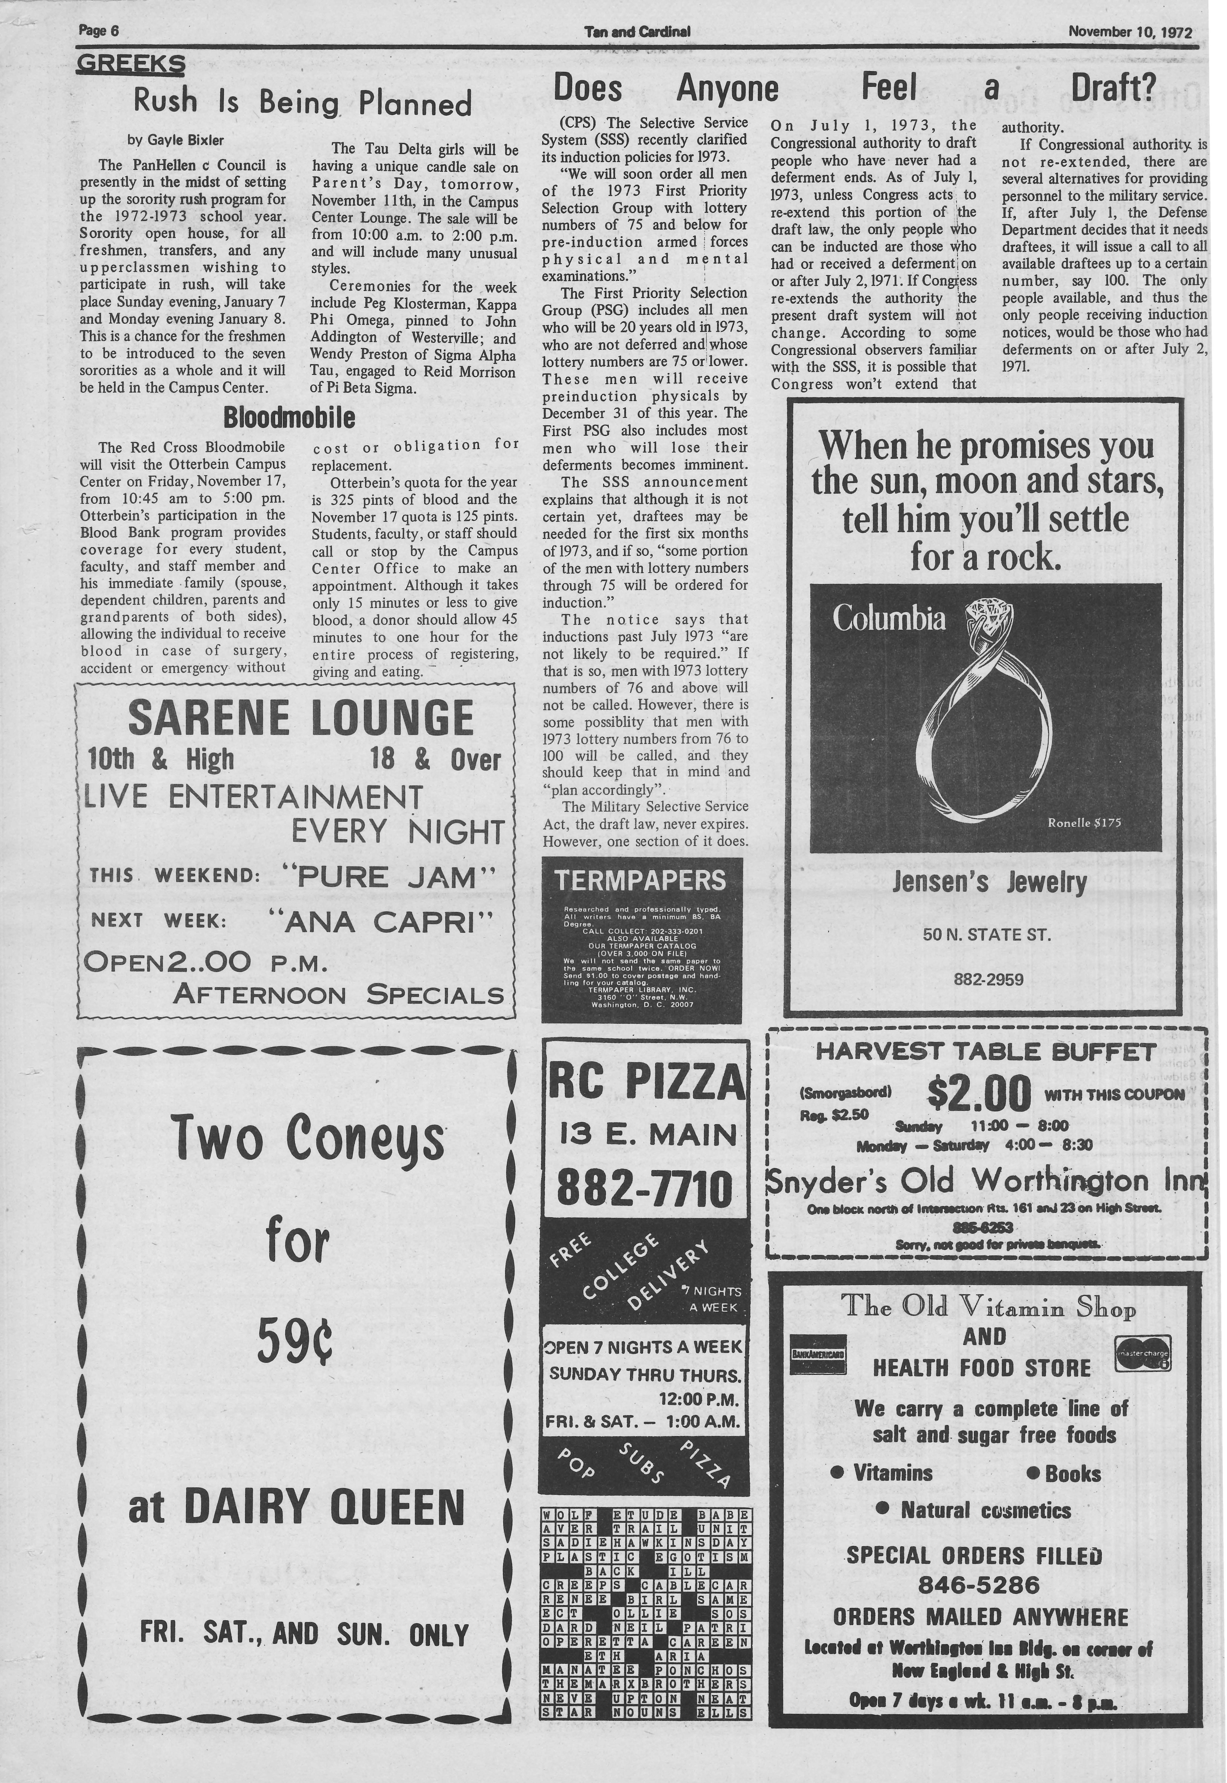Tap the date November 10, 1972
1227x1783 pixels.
click(x=1129, y=32)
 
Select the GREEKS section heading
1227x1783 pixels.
click(x=131, y=63)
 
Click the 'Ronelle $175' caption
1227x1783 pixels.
click(x=1084, y=823)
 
